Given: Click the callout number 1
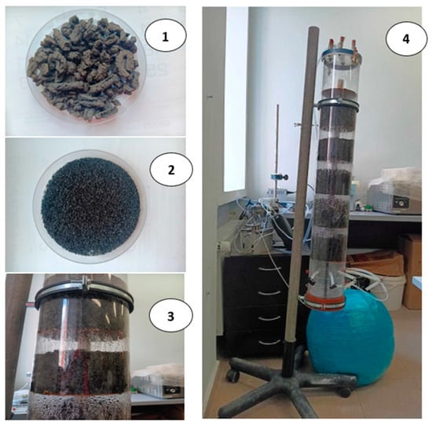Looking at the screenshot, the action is click(165, 37).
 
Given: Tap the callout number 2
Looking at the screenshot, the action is click(171, 170).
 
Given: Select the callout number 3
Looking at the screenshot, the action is click(170, 316).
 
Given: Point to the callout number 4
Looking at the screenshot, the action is click(406, 38).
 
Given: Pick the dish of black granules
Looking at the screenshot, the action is click(90, 206).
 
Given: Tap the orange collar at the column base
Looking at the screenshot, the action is click(325, 300).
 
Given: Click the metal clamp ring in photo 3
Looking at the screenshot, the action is click(84, 295).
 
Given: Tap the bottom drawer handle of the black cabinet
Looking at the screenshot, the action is click(270, 343).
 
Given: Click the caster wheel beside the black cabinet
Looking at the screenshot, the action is click(233, 376).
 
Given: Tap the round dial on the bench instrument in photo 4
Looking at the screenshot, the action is click(401, 203).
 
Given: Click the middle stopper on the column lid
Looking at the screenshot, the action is click(342, 42).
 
